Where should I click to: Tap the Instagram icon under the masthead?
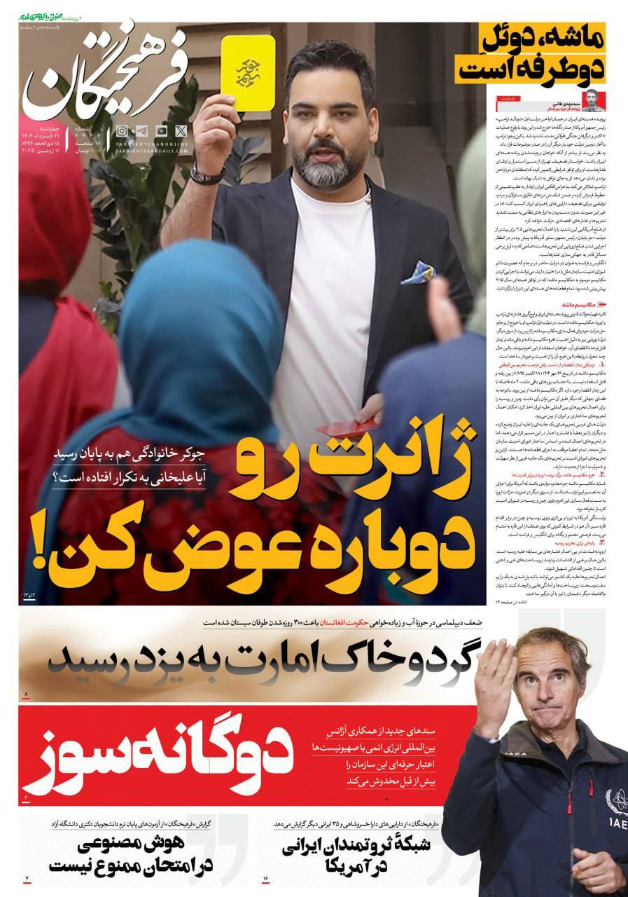click(122, 130)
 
